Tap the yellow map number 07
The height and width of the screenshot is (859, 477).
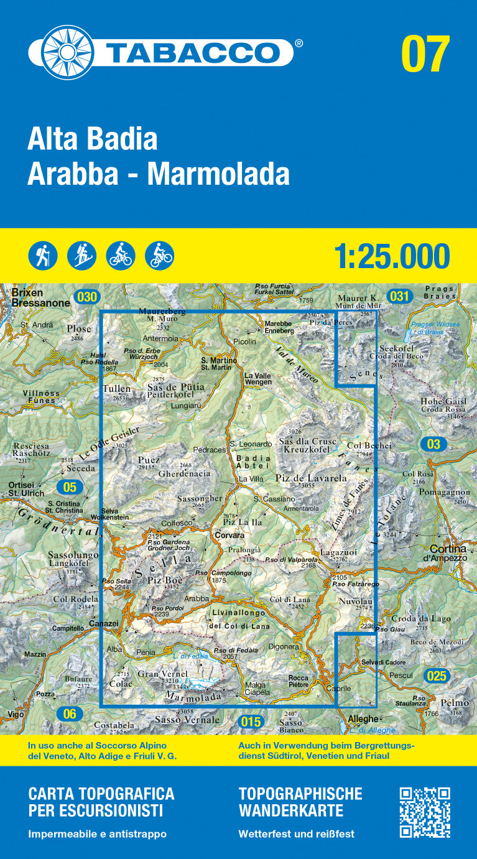point(425,55)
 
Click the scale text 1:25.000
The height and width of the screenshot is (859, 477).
point(392,256)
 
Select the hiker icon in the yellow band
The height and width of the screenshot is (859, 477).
point(43,256)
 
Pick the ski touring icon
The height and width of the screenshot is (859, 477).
point(81,256)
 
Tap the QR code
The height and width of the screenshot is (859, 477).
point(425,812)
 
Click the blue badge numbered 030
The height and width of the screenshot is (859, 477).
point(86,297)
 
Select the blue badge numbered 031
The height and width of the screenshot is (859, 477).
point(399,296)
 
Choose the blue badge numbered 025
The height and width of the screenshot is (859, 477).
point(437,676)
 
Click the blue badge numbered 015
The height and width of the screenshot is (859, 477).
point(250,722)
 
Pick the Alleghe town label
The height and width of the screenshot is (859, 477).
point(363,719)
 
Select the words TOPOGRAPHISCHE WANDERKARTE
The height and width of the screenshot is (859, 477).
point(300,802)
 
